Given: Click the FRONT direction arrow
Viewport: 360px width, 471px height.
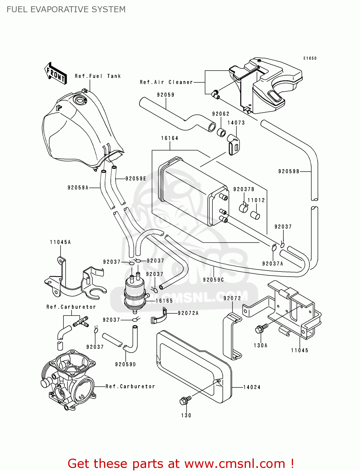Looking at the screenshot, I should tap(56, 73).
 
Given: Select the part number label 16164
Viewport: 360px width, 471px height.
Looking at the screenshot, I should tap(170, 138).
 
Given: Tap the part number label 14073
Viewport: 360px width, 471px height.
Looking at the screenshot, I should tap(236, 123).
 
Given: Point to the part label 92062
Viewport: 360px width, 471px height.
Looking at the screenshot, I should tap(221, 114).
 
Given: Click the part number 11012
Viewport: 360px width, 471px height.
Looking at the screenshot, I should tap(256, 200).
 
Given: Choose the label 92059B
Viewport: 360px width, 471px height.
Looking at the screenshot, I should tap(289, 171).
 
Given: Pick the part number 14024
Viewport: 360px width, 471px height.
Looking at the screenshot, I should tap(252, 387).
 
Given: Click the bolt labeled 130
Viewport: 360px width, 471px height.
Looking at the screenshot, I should tap(185, 400).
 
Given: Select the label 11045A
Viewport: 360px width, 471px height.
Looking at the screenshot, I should tap(60, 242).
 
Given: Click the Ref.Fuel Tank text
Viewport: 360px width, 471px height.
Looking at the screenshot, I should tap(98, 76).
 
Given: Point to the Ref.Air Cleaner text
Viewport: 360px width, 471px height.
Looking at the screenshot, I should tap(166, 82).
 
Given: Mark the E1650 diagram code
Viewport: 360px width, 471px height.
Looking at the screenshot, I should tap(310, 58).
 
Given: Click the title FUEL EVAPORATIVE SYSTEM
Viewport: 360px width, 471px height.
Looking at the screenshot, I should tap(66, 9).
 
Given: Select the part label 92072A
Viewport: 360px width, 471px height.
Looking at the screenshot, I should tap(188, 313).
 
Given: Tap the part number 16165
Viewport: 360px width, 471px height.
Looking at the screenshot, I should tap(164, 301).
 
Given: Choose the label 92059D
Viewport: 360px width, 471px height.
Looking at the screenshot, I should tap(125, 364).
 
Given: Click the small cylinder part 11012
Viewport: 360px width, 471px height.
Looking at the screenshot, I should tap(255, 215).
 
